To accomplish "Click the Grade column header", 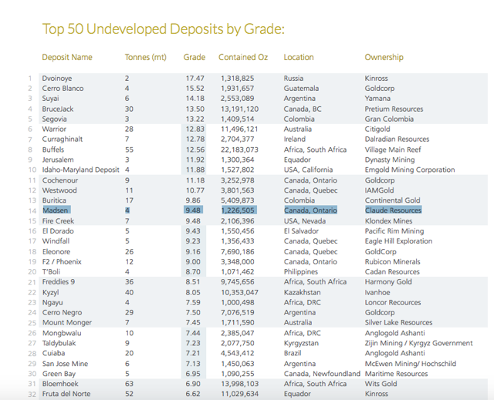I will [194, 57].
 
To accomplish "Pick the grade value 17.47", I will [194, 79].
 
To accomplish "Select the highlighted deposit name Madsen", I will [56, 210].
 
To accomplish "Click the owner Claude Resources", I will [393, 210].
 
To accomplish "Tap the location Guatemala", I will [302, 89].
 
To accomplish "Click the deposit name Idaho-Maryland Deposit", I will [81, 170].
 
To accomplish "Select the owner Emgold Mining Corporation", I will [410, 170].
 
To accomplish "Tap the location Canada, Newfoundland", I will [322, 374].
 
